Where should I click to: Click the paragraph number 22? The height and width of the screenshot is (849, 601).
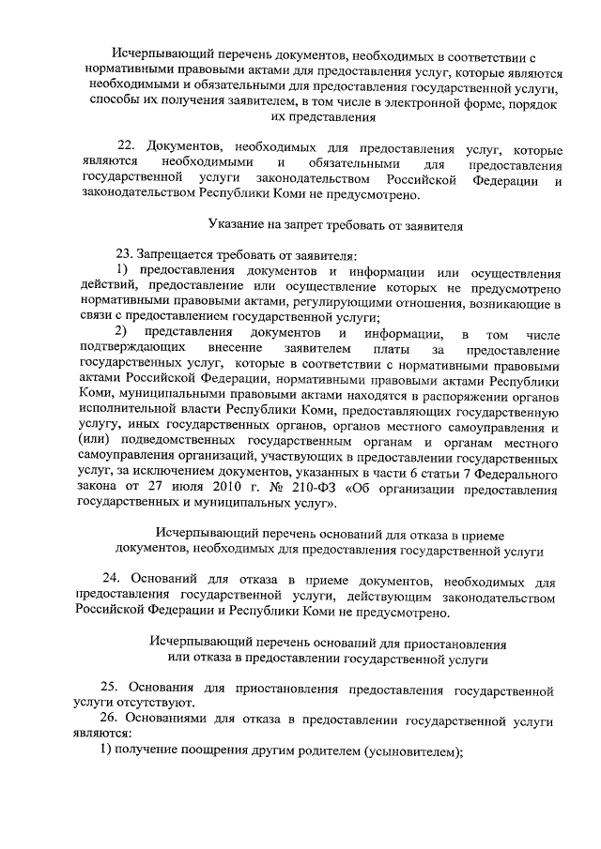pyautogui.click(x=126, y=149)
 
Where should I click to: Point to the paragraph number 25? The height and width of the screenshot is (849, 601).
pyautogui.click(x=110, y=690)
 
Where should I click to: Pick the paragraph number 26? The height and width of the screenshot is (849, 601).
pyautogui.click(x=110, y=719)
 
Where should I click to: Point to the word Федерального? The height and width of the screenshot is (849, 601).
pyautogui.click(x=521, y=474)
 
